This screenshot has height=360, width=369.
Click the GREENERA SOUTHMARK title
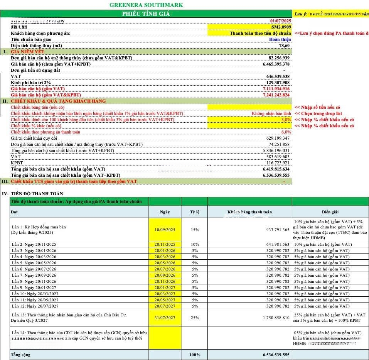pos(146,5)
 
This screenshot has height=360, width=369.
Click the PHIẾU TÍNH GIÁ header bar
pos(146,14)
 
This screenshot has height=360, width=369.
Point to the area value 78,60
pos(284,46)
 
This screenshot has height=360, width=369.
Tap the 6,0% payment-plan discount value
pos(286,132)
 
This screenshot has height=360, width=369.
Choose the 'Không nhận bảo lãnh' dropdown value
pos(271,113)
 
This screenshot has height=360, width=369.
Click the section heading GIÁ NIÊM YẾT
pos(27,52)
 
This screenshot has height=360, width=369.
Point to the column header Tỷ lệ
pos(195,212)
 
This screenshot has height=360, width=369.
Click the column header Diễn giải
pos(330,212)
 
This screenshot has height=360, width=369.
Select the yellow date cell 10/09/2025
pos(165,230)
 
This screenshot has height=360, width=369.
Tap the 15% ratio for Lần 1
pos(195,230)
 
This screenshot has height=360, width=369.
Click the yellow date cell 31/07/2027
pos(165,318)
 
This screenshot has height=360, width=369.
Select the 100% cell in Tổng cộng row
pos(195,355)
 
